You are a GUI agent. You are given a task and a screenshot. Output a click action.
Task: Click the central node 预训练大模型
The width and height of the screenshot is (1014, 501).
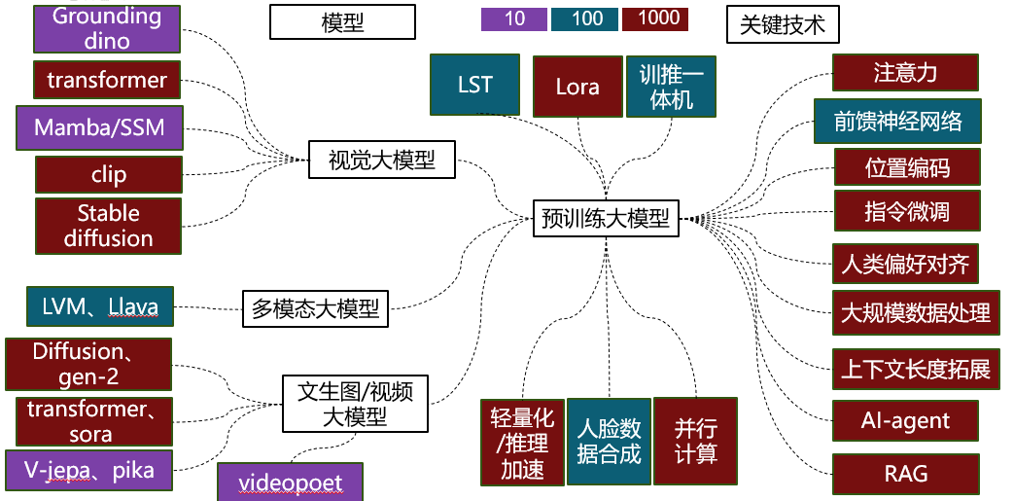[x=606, y=218]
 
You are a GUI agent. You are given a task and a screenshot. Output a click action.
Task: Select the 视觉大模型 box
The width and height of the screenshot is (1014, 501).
[x=382, y=160]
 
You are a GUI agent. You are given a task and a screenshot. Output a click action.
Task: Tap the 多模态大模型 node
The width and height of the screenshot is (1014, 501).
[x=316, y=310]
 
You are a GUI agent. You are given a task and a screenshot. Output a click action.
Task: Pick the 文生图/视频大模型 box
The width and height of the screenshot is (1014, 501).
[x=355, y=404]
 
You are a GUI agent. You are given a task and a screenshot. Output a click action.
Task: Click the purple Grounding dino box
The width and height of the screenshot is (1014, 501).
[x=107, y=28]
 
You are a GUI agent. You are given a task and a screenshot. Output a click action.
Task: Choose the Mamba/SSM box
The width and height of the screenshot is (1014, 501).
[x=99, y=127]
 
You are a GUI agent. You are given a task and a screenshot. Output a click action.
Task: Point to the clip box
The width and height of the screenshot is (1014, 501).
[x=109, y=175]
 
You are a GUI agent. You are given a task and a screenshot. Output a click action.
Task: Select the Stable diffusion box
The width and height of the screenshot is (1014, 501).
[x=109, y=226]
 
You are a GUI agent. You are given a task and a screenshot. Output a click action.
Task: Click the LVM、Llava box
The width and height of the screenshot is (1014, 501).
[x=100, y=307]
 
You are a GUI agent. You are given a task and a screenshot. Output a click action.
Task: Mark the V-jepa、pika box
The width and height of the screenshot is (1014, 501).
[x=93, y=472]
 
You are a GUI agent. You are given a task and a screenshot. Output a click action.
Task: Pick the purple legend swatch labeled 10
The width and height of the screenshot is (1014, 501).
[x=514, y=18]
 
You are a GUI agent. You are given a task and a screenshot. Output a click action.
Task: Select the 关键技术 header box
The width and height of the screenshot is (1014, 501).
[x=783, y=24]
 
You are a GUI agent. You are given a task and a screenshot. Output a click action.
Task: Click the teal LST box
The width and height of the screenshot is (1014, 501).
[x=475, y=85]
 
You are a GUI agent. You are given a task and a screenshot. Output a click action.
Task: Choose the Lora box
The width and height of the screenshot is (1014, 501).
[x=577, y=87]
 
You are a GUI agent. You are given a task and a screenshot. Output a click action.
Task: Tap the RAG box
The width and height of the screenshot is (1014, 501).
[x=905, y=474]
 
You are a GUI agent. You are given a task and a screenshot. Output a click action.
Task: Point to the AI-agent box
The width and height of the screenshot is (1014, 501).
[x=905, y=421]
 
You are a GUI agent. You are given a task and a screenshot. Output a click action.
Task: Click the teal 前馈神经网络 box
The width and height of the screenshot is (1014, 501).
[x=897, y=121]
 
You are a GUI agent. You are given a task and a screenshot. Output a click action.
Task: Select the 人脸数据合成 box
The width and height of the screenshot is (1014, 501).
[x=609, y=441]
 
